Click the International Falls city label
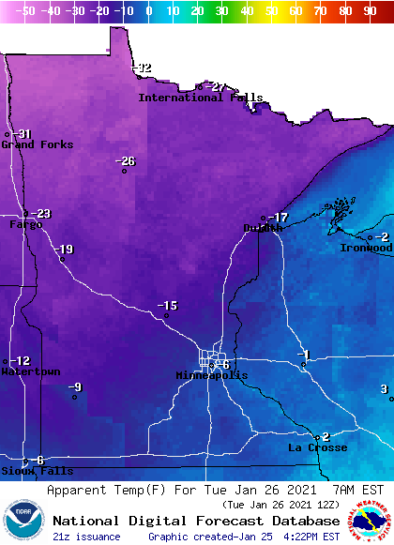pyautogui.click(x=201, y=98)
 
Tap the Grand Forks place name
pyautogui.click(x=31, y=144)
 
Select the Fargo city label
pyautogui.click(x=25, y=225)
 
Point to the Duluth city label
pyautogui.click(x=263, y=228)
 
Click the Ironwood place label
pyautogui.click(x=365, y=248)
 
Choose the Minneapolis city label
pyautogui.click(x=212, y=375)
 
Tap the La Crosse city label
pyautogui.click(x=317, y=447)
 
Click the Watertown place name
pyautogui.click(x=29, y=371)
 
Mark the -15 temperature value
pyautogui.click(x=167, y=306)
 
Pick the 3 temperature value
pyautogui.click(x=384, y=388)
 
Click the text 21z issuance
pyautogui.click(x=86, y=537)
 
